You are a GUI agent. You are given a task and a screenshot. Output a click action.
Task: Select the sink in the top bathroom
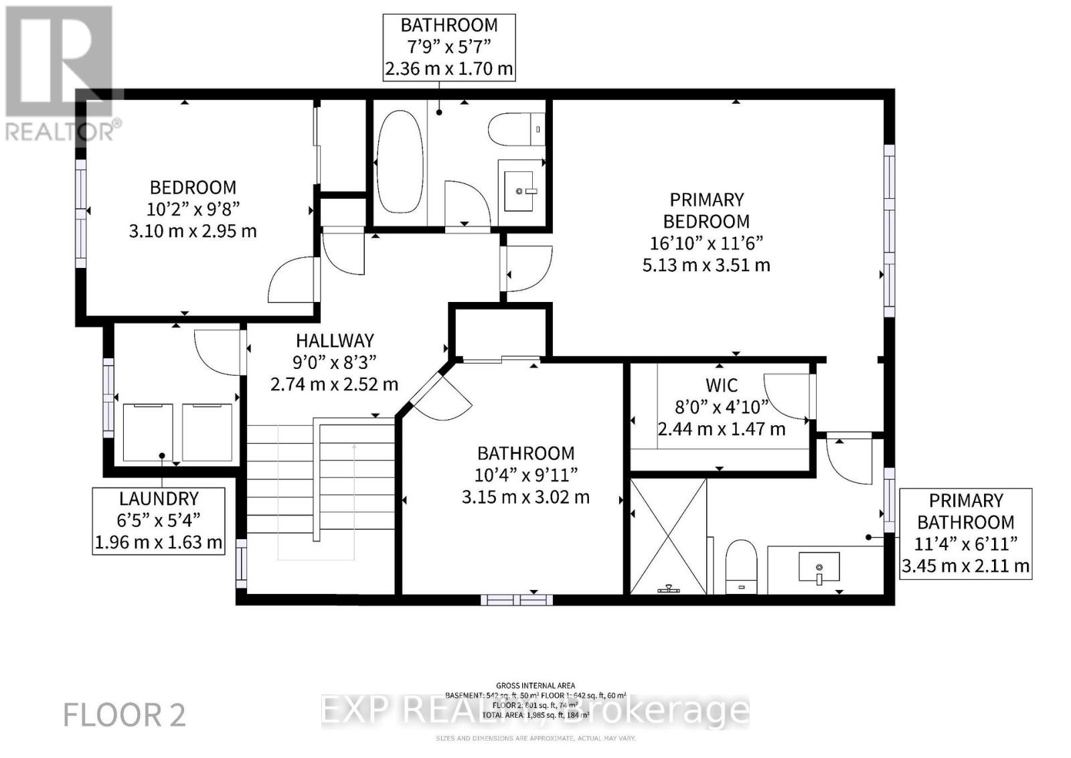pyautogui.click(x=521, y=190)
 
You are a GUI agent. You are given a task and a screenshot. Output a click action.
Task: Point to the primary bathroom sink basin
pyautogui.click(x=819, y=567)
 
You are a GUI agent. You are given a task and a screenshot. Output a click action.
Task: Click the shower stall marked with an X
pyautogui.click(x=669, y=536)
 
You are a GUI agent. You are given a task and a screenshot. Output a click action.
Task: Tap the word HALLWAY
pyautogui.click(x=335, y=340)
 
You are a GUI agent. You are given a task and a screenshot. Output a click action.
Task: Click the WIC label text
pyautogui.click(x=722, y=385)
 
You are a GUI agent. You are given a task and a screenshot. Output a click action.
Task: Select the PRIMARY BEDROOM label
pyautogui.click(x=706, y=210)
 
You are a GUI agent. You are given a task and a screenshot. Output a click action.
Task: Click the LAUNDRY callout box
pyautogui.click(x=159, y=520)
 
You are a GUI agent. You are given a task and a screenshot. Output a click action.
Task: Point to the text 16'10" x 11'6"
pyautogui.click(x=706, y=243)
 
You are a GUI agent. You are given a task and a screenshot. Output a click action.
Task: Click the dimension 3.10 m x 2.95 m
pyautogui.click(x=193, y=231)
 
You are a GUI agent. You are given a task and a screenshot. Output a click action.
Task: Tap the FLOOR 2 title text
pyautogui.click(x=125, y=715)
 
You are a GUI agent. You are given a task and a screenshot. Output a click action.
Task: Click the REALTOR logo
pyautogui.click(x=60, y=74)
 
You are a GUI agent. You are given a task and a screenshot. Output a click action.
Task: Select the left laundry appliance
pyautogui.click(x=148, y=432)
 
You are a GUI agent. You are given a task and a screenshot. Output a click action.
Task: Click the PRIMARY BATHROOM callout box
pyautogui.click(x=965, y=533)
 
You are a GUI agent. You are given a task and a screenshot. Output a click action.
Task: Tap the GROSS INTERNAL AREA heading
pyautogui.click(x=535, y=685)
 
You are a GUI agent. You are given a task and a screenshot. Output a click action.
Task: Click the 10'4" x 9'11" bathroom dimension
pyautogui.click(x=526, y=475)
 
